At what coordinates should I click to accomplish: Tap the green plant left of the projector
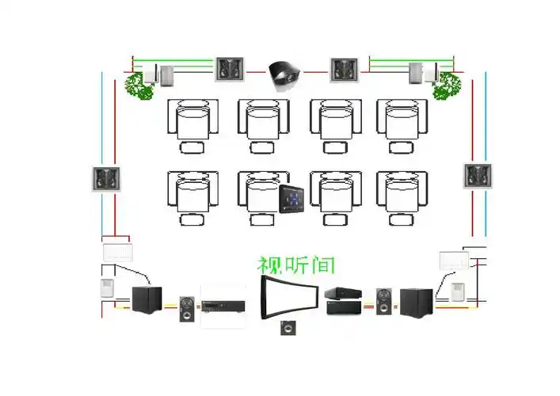[x=139, y=84]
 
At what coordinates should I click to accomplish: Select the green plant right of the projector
[x=445, y=85]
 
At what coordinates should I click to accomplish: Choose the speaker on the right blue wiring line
[x=478, y=175]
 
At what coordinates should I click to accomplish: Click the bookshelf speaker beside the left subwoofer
[x=187, y=307]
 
